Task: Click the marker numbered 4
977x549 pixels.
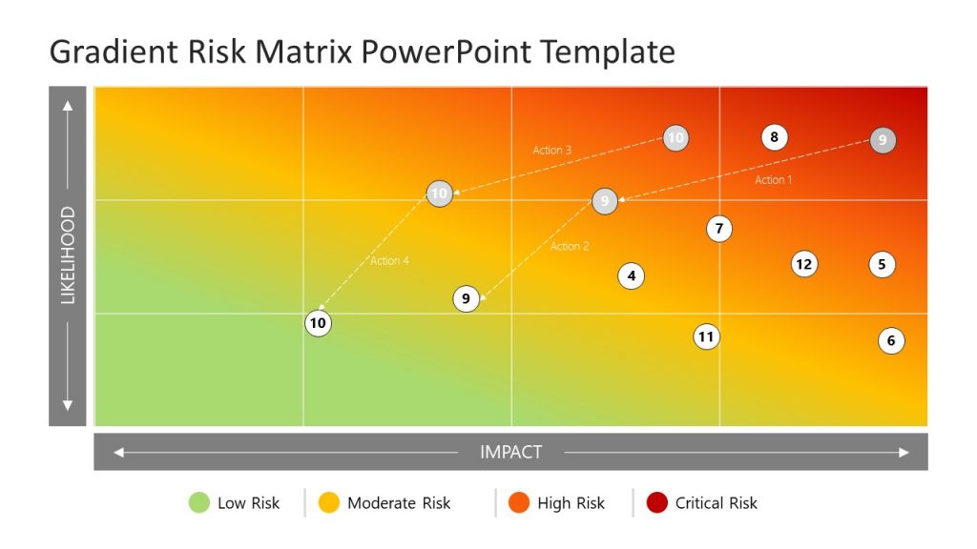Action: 631,275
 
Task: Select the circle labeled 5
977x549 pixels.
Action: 883,264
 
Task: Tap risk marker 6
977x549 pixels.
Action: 891,340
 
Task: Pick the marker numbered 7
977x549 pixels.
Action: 719,229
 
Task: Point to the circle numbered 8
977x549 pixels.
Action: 774,137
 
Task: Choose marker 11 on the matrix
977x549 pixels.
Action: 706,335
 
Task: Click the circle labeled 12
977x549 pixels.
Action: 804,264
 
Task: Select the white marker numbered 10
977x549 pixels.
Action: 318,323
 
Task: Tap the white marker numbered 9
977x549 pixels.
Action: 466,298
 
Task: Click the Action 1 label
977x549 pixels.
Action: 774,179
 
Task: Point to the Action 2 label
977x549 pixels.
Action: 570,246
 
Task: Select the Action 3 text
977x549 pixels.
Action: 552,150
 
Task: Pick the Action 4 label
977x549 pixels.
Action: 389,260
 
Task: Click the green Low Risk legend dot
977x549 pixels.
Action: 199,502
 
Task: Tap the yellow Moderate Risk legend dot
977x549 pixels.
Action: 329,502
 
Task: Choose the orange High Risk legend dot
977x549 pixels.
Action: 519,502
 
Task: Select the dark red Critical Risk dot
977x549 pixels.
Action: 657,502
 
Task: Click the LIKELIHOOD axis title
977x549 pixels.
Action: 68,255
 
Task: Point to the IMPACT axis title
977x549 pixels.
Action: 510,452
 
